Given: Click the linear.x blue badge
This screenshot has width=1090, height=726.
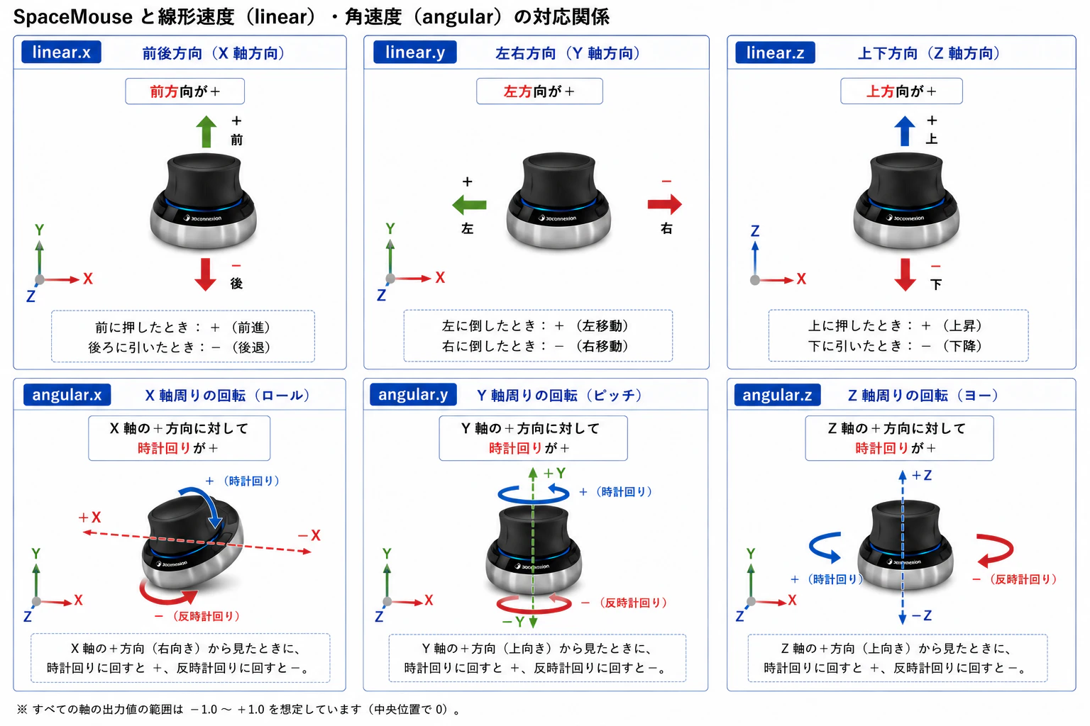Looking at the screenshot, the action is pos(61,52).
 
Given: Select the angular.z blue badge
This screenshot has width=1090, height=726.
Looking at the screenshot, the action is pos(777,394).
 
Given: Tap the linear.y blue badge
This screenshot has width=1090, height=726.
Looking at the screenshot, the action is pos(414,52).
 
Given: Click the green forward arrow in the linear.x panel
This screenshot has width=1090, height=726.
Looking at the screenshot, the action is pos(207,131).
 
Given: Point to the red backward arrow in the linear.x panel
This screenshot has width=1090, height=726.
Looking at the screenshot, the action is pos(205,275).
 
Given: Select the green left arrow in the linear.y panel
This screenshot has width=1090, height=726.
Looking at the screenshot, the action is pos(469,205).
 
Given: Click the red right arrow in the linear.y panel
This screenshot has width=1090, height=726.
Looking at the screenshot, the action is pos(665,204).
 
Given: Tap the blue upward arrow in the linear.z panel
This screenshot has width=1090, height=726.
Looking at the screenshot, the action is pos(905,130).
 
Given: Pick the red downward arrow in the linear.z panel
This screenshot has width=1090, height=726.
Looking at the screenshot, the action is pos(905,275).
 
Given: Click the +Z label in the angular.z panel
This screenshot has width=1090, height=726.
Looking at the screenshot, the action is pos(922,476).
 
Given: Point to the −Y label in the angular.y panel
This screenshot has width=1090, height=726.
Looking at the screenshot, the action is pos(513,622).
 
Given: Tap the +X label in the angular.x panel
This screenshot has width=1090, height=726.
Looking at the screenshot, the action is pos(90,517).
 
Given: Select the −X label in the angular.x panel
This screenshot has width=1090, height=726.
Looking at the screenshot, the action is pos(309,535).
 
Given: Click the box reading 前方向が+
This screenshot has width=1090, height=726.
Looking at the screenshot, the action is pos(185,91).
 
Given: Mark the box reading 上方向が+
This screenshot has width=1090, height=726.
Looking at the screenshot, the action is pos(901,91).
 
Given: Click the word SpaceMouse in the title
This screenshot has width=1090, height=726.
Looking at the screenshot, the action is pos(73,17).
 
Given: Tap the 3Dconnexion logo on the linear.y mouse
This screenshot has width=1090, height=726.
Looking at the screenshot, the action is pos(558,218).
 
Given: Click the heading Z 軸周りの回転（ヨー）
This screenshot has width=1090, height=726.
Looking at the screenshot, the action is pos(923,396).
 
